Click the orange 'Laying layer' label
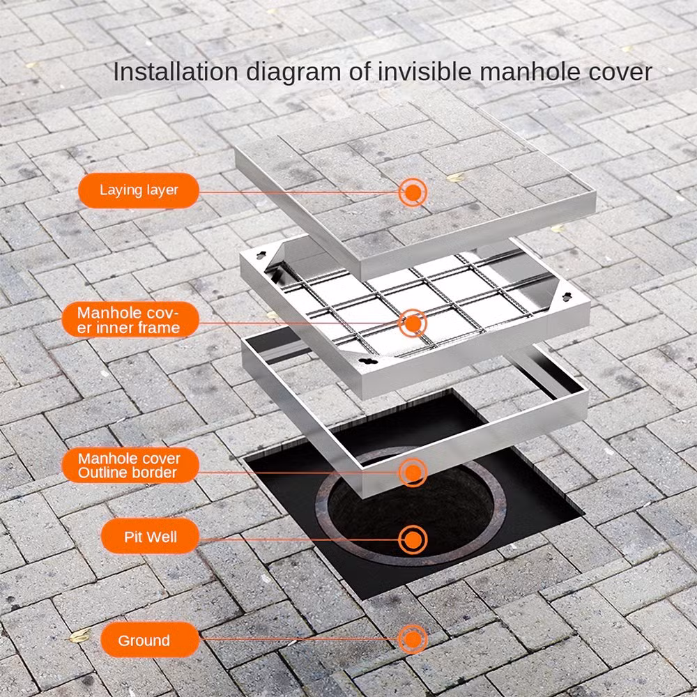pyautogui.click(x=138, y=190)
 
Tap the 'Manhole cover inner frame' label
pyautogui.click(x=130, y=320)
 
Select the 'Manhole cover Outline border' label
pyautogui.click(x=130, y=465)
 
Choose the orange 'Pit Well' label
pyautogui.click(x=151, y=537)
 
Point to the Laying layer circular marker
pyautogui.click(x=413, y=192)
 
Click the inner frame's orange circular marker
pyautogui.click(x=413, y=323)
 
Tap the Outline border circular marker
pyautogui.click(x=413, y=473)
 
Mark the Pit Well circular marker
pyautogui.click(x=413, y=540)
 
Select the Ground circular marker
pyautogui.click(x=413, y=639)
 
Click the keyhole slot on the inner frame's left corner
pyautogui.click(x=261, y=255)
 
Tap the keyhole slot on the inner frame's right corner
pyautogui.click(x=567, y=296)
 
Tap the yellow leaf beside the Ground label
pyautogui.click(x=80, y=636)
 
